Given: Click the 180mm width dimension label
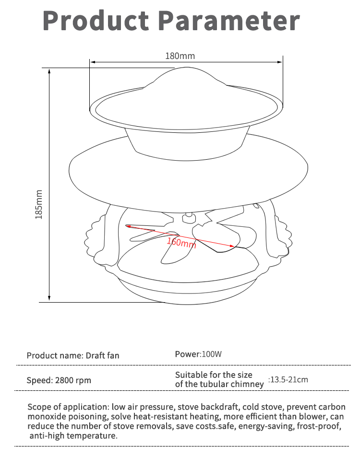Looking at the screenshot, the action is pyautogui.click(x=180, y=56).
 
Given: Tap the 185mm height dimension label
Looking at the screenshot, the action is pyautogui.click(x=39, y=204).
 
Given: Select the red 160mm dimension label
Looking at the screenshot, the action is pyautogui.click(x=181, y=242).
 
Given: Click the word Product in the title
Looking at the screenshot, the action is pyautogui.click(x=96, y=21).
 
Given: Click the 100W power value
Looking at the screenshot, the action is pyautogui.click(x=212, y=354).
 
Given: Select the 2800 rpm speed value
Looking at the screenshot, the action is pyautogui.click(x=73, y=380).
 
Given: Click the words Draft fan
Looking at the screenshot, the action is pyautogui.click(x=102, y=355).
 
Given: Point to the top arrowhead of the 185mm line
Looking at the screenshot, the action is pyautogui.click(x=49, y=70).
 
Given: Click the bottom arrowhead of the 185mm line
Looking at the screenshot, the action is pyautogui.click(x=49, y=299).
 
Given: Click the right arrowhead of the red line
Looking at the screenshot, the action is pyautogui.click(x=232, y=246).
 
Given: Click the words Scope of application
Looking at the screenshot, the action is pyautogui.click(x=68, y=407).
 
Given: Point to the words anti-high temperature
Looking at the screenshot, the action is pyautogui.click(x=73, y=436).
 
